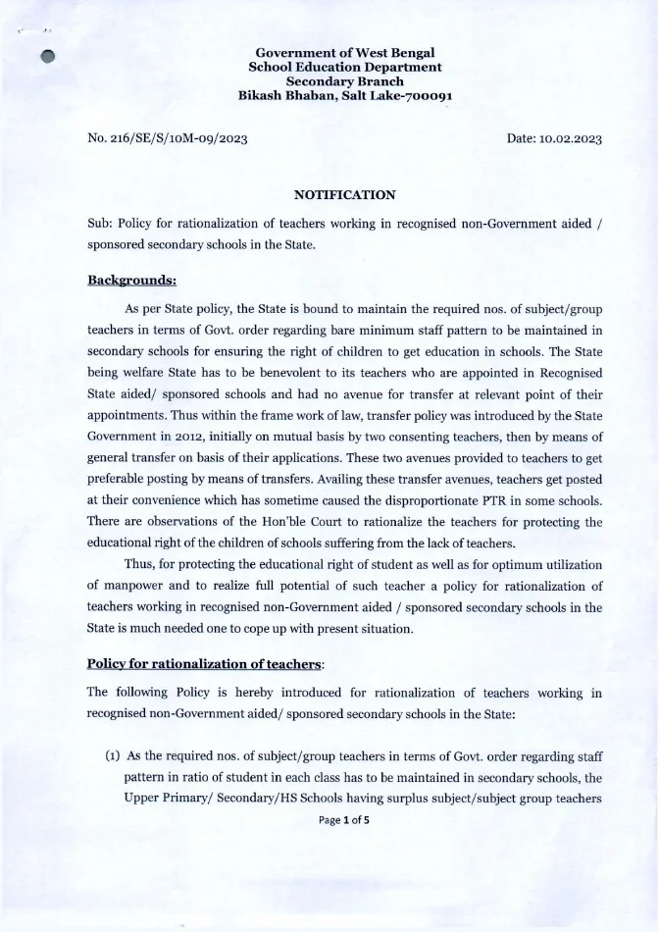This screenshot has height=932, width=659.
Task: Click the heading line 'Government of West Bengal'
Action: click(x=344, y=52)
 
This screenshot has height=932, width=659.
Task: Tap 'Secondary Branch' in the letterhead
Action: click(x=344, y=81)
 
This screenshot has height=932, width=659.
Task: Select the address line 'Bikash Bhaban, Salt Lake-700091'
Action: click(x=344, y=96)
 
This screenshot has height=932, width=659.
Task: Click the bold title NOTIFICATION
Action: click(x=344, y=195)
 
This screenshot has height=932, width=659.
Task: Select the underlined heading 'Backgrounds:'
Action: click(x=131, y=280)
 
